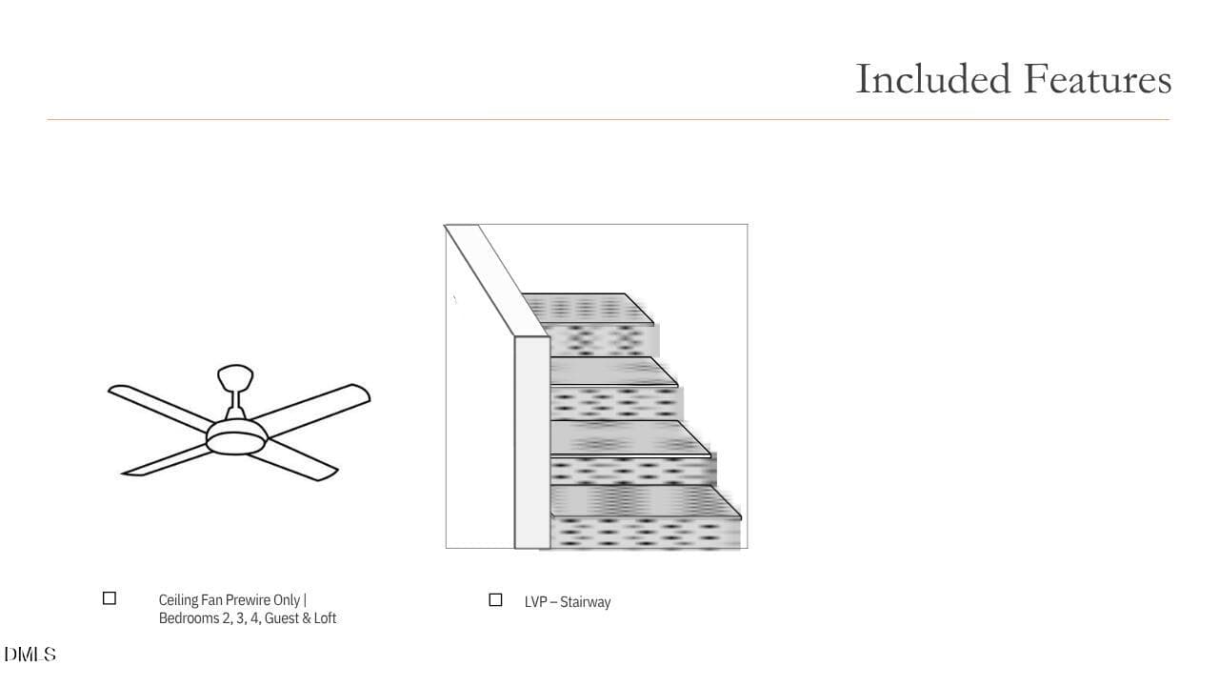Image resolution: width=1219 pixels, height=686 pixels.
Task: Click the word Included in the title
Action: (932, 79)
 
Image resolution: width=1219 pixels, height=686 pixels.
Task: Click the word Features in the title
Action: (1098, 79)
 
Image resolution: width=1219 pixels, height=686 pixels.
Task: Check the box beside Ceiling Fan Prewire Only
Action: (110, 598)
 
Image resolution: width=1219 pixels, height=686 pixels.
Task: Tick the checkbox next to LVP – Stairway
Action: (495, 600)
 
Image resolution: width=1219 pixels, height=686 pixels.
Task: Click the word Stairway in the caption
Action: (585, 602)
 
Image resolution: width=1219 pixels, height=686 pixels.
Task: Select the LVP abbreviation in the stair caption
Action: (535, 602)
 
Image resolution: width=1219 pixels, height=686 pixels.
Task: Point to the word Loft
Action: (325, 618)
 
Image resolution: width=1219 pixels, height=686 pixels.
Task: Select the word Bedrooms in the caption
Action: (189, 618)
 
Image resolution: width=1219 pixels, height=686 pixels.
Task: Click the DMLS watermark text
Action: (30, 655)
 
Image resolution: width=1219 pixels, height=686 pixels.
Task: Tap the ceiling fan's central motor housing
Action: (237, 436)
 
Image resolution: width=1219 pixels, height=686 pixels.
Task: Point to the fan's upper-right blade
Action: (311, 410)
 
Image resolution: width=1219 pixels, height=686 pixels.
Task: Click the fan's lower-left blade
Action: (165, 460)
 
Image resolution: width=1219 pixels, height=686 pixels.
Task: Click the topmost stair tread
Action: (587, 309)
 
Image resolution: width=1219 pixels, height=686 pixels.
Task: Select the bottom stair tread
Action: (645, 501)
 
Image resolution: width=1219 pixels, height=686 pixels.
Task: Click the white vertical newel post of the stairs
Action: (532, 442)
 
